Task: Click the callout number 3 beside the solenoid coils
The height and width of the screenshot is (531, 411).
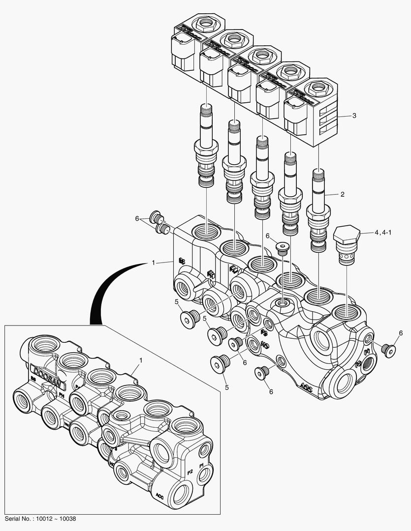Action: [x=353, y=116]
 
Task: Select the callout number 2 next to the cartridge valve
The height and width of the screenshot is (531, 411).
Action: [x=342, y=194]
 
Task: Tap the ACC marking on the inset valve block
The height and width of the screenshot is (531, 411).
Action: [x=159, y=495]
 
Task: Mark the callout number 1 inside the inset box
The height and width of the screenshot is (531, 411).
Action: [x=140, y=360]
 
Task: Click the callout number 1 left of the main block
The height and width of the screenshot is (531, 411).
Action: [x=154, y=263]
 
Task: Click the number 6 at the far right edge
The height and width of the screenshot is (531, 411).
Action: [x=401, y=333]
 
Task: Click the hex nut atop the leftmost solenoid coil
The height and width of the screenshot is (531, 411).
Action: [x=203, y=23]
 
